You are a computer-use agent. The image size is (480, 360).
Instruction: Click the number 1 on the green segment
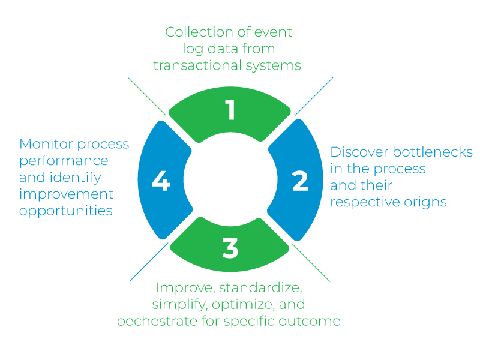[230, 110]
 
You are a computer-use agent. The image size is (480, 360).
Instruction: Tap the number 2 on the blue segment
[300, 181]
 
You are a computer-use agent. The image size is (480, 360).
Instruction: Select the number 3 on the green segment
[230, 249]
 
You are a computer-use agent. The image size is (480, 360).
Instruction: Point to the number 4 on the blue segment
[161, 181]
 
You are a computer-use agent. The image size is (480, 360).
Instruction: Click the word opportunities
[66, 211]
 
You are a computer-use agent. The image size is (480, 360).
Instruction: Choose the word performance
[64, 161]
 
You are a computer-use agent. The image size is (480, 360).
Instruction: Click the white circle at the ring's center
[230, 180]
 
